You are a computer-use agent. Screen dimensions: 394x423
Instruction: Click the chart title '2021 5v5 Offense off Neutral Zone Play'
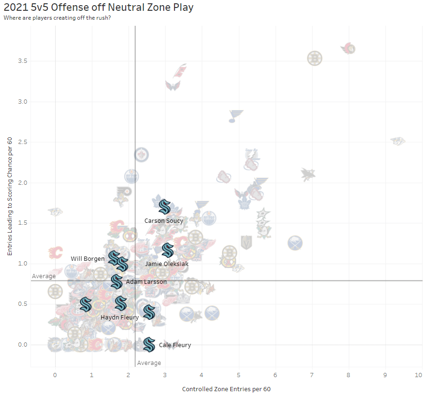(x=98, y=8)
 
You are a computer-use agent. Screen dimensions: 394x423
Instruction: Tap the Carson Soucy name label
(x=164, y=220)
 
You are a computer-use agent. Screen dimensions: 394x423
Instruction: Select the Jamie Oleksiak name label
(x=167, y=264)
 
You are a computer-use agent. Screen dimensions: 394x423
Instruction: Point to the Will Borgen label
(x=88, y=258)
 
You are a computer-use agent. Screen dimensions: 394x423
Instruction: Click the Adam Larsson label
(x=146, y=282)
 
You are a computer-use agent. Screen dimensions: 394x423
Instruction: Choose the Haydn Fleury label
(x=120, y=317)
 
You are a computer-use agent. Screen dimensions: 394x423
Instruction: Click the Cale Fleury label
(x=175, y=345)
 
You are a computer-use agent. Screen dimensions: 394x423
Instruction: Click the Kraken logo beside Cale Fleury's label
(x=149, y=345)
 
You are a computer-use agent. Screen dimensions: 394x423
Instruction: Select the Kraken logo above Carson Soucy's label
(x=164, y=206)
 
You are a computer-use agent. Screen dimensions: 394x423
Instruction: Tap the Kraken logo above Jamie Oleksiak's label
(x=167, y=250)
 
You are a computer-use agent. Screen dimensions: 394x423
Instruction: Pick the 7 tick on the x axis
(x=312, y=375)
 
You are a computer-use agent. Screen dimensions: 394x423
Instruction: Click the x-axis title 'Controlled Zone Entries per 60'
(x=226, y=389)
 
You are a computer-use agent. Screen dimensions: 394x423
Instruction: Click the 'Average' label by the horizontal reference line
(x=44, y=276)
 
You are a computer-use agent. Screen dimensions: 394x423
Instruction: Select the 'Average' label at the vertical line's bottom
(x=149, y=363)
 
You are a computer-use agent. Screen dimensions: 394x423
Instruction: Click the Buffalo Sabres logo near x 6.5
(x=295, y=243)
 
